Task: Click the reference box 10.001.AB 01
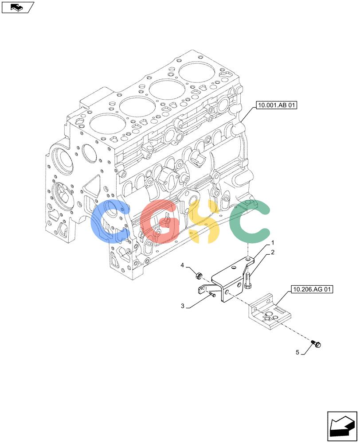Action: click(x=277, y=105)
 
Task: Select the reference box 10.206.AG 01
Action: click(x=312, y=289)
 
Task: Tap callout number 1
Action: click(x=273, y=242)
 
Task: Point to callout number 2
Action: click(x=273, y=253)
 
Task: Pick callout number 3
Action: click(x=183, y=306)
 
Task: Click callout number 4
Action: click(x=182, y=265)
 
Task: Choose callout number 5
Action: click(x=297, y=352)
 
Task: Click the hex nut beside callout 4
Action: click(x=198, y=275)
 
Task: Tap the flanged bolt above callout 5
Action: click(x=316, y=344)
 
